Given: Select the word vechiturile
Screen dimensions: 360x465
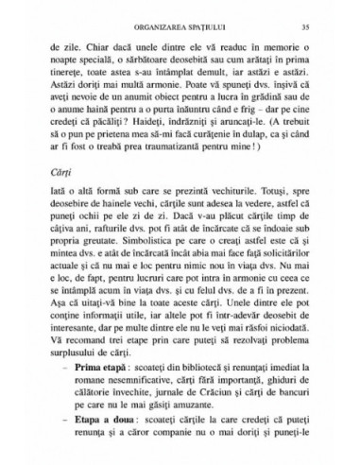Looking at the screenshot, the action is pyautogui.click(x=230, y=227).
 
